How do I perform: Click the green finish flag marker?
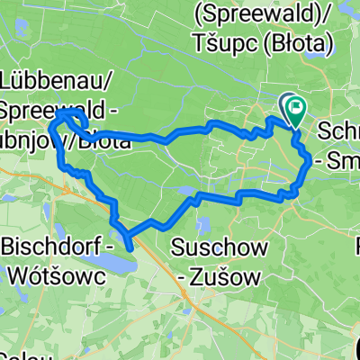pyautogui.click(x=295, y=110)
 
